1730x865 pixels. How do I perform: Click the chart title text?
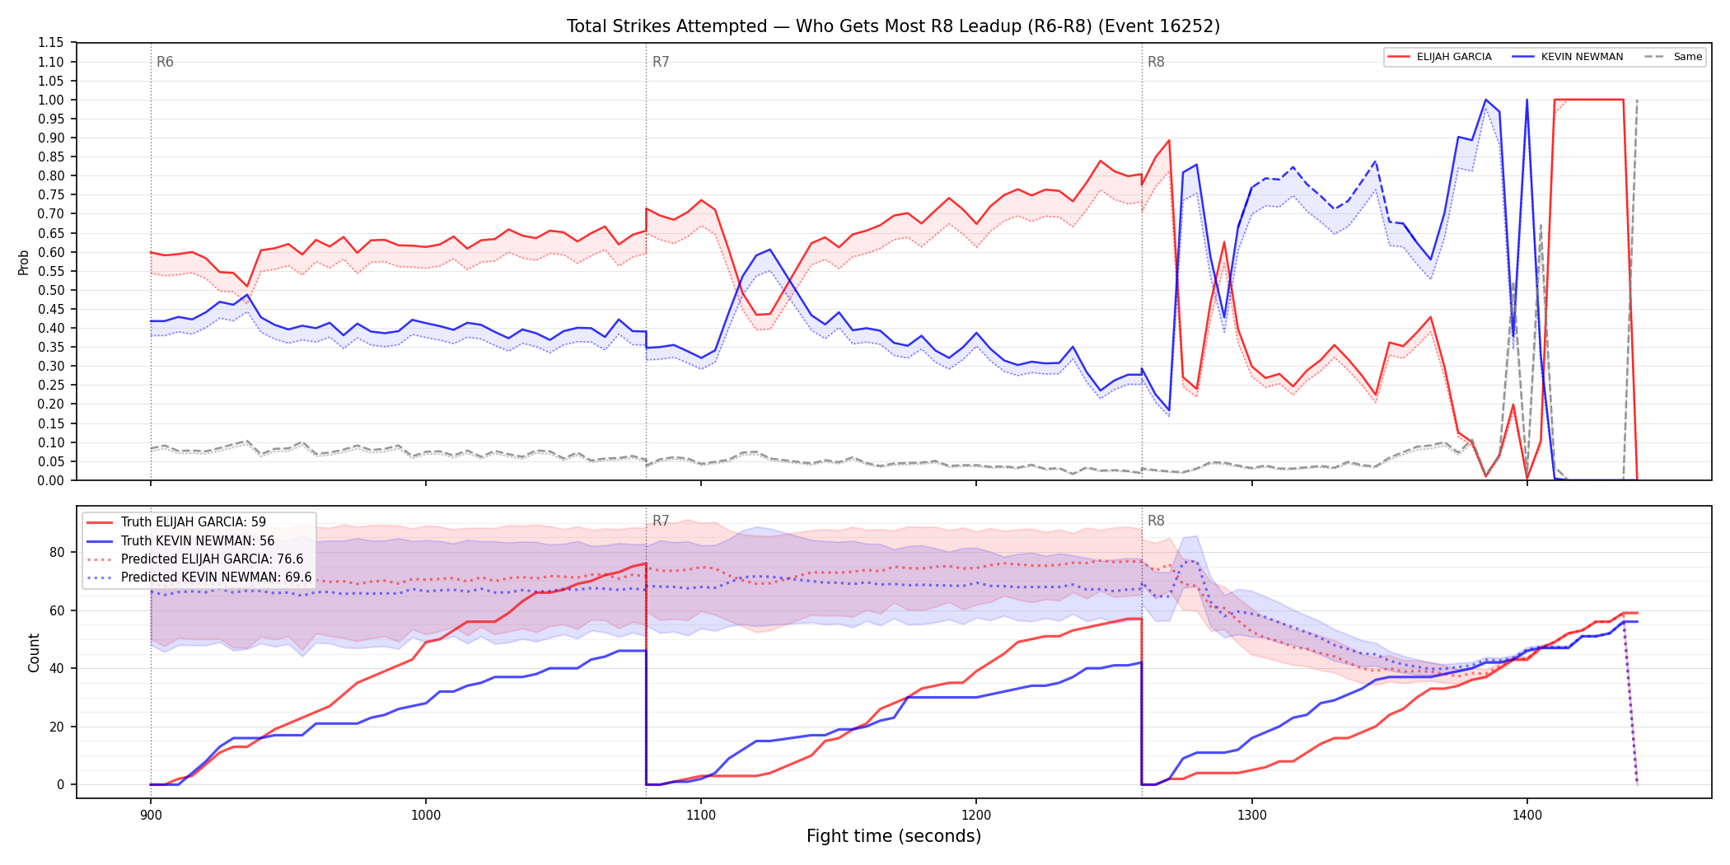tap(893, 26)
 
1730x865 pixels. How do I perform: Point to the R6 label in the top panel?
tap(165, 62)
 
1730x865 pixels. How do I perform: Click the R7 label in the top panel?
tap(661, 62)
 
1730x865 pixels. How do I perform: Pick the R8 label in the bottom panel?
tap(1156, 521)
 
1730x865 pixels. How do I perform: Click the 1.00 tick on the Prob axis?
tap(51, 100)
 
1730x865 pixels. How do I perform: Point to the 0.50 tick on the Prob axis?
tap(51, 290)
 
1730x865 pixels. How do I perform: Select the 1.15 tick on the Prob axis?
tap(51, 43)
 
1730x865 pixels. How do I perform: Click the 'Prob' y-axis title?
tap(23, 262)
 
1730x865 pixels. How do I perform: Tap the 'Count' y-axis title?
tap(34, 652)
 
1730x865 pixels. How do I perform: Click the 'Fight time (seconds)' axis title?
tap(894, 836)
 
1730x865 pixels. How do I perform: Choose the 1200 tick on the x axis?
tap(976, 815)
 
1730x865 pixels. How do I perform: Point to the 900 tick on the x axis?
tap(150, 815)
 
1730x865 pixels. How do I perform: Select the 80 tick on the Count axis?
tap(57, 553)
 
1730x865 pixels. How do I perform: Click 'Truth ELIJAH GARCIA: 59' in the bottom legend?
tap(194, 522)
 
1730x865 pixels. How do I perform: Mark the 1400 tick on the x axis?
tap(1527, 815)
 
